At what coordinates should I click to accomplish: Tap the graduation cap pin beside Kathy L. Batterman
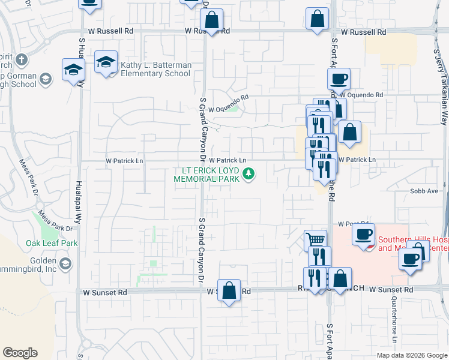click(106, 62)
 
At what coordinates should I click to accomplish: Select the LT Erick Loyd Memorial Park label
click(206, 175)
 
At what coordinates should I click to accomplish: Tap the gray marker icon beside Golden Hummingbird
click(65, 263)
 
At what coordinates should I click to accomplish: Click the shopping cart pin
click(315, 241)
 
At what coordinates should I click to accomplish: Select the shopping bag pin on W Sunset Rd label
click(229, 291)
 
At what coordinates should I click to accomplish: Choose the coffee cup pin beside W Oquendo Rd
click(339, 79)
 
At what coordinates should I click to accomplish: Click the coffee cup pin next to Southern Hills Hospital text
click(363, 235)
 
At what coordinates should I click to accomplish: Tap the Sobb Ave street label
click(424, 191)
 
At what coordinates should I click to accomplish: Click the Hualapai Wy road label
click(79, 205)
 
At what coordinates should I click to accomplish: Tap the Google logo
click(20, 353)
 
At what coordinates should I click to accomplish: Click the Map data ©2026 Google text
click(411, 355)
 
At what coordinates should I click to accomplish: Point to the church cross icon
click(22, 59)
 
